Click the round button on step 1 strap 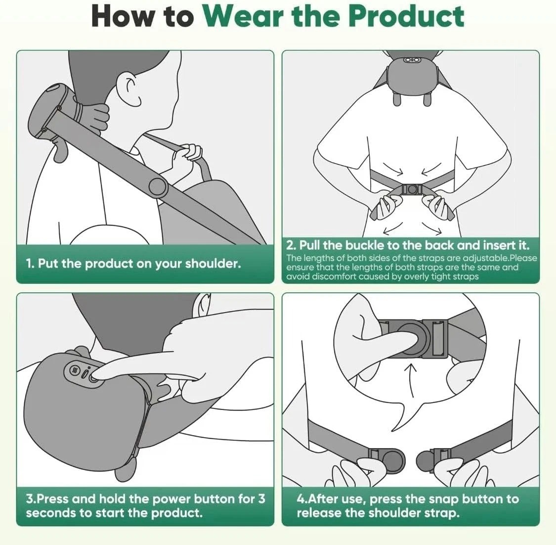158,186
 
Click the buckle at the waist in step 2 411,189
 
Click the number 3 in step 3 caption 261,499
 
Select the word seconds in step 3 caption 50,513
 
